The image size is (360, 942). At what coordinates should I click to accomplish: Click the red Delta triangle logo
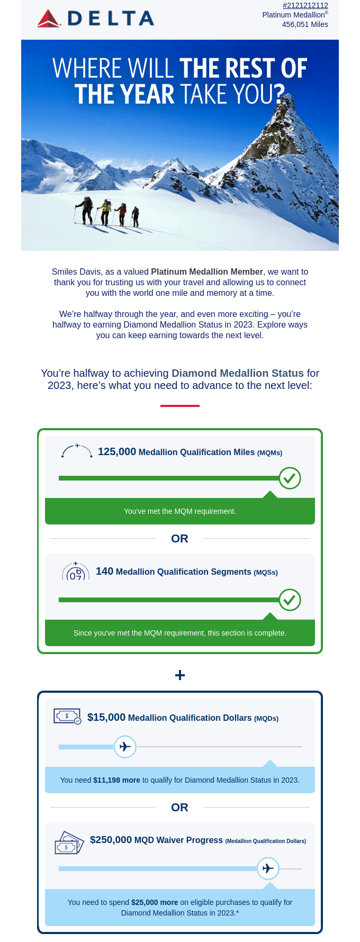[49, 19]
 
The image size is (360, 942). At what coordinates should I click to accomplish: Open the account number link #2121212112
[305, 5]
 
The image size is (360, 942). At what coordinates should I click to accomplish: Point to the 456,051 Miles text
[305, 24]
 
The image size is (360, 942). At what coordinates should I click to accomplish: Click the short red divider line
[180, 406]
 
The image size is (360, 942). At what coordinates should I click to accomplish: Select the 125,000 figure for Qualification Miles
[117, 452]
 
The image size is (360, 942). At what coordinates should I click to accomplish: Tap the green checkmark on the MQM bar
[290, 478]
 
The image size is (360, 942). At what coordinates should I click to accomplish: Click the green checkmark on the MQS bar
[290, 600]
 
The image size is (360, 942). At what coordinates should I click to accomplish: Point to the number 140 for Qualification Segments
[104, 572]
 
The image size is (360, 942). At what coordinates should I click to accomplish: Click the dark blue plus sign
[180, 675]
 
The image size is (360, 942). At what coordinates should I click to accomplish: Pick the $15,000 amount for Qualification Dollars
[106, 718]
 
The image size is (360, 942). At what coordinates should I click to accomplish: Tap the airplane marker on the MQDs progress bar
[125, 747]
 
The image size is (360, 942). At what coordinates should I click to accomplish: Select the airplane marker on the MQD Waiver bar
[268, 868]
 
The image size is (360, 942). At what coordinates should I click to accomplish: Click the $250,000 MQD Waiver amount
[111, 840]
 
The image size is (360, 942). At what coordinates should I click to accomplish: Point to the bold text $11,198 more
[116, 780]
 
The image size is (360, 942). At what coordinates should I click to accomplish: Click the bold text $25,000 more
[155, 902]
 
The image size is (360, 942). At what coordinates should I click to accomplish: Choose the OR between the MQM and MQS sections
[180, 539]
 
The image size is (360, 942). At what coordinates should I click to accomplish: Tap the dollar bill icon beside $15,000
[67, 717]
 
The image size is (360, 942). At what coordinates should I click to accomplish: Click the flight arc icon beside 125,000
[77, 450]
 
